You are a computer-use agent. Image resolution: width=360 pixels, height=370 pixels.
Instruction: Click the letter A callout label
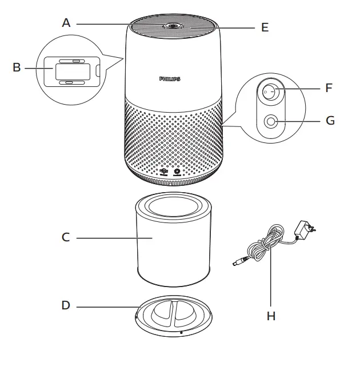coord(66,23)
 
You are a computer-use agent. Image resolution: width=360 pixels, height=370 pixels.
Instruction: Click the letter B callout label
coord(17,67)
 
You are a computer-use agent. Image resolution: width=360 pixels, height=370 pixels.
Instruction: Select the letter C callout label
coord(66,237)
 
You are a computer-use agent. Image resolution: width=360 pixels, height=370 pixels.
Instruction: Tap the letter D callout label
coord(66,305)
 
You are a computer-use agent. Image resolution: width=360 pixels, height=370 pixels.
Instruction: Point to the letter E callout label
coord(265,27)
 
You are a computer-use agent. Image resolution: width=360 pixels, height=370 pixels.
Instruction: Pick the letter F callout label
coord(328,89)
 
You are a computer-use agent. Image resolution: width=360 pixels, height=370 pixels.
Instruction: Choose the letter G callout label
coord(330,121)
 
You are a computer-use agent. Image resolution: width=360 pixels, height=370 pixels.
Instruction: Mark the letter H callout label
coord(271,316)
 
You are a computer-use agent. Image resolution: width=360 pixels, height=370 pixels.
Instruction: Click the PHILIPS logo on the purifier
coord(170,79)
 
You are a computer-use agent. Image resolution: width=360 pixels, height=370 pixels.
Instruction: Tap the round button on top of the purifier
coord(171,26)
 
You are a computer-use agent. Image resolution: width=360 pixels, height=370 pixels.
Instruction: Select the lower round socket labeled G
coord(270,121)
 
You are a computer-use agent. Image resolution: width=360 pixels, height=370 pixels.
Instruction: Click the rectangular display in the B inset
coord(71,71)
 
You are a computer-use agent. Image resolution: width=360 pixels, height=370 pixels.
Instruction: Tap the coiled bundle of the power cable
coord(267,243)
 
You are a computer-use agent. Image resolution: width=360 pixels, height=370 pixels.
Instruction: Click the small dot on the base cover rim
coord(181,332)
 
